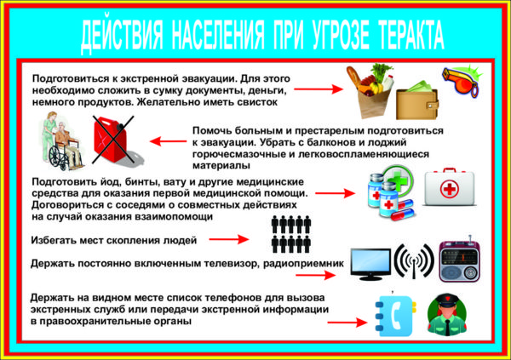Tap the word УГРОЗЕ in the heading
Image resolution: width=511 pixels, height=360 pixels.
(341, 35)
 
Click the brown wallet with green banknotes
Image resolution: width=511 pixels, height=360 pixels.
(417, 100)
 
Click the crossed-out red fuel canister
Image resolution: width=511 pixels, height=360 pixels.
(113, 140)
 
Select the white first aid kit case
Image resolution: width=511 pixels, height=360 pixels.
(449, 187)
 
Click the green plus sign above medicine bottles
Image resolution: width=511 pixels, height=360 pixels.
(399, 180)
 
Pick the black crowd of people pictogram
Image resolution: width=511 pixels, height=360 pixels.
(291, 234)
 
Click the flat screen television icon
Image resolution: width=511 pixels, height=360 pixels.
(370, 264)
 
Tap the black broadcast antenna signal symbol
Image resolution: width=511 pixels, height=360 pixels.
(414, 261)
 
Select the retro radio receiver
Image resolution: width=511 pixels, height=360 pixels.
(459, 260)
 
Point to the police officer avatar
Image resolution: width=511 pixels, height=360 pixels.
(447, 315)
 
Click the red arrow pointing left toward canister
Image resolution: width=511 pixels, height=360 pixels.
(168, 141)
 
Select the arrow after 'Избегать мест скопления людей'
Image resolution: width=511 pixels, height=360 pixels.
(229, 239)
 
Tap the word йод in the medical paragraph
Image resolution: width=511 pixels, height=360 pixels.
(111, 182)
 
